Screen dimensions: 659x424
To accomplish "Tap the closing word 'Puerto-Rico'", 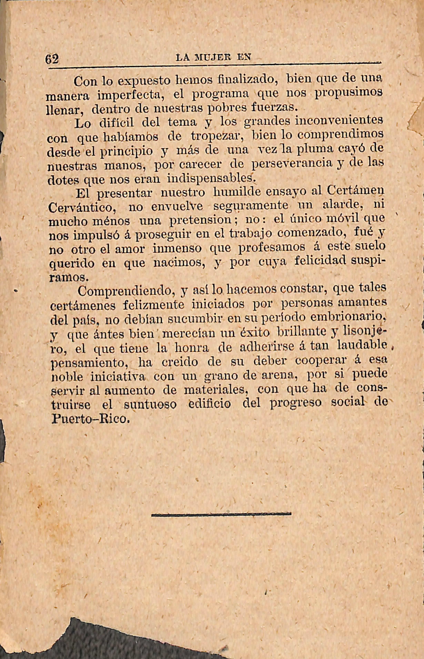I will click(x=90, y=419).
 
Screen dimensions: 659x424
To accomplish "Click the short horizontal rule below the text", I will click(x=221, y=513).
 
